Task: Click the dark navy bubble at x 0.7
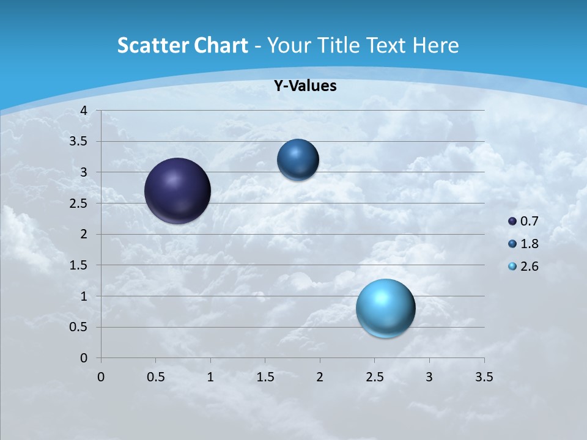pos(178,191)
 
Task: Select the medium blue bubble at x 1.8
pos(298,159)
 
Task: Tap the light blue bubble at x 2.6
pos(385,308)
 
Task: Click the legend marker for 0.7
pos(512,221)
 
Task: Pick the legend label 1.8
pos(529,244)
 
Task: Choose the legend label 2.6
pos(529,266)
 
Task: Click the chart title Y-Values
pos(305,86)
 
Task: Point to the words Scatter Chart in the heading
pos(182,45)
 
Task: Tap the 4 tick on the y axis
pos(84,111)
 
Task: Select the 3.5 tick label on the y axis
pos(79,142)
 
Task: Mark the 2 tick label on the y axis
pos(84,234)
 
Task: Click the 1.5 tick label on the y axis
pos(79,265)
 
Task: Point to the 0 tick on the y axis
pos(84,358)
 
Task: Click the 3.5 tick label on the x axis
pos(484,377)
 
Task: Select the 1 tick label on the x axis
pos(210,377)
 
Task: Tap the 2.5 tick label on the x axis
pos(374,377)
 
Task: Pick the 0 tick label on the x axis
pos(101,377)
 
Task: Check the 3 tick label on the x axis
pos(429,377)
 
